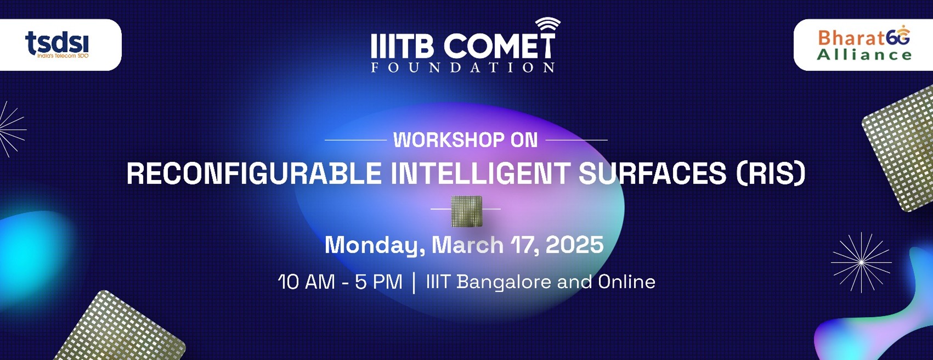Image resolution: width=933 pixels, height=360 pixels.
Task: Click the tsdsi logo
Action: pyautogui.click(x=57, y=44)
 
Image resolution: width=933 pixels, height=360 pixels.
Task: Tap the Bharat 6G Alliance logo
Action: pyautogui.click(x=864, y=45)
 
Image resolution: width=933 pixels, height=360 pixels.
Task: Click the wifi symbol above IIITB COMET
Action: pyautogui.click(x=547, y=26)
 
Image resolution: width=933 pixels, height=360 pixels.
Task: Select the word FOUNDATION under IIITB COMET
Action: pyautogui.click(x=462, y=67)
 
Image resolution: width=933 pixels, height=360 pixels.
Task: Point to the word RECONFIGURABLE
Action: pyautogui.click(x=254, y=174)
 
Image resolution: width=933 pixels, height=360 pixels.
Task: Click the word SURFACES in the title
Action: pyautogui.click(x=652, y=174)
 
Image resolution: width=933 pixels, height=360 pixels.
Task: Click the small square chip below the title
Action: pyautogui.click(x=466, y=211)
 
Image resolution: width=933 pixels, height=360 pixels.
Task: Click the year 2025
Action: pyautogui.click(x=574, y=245)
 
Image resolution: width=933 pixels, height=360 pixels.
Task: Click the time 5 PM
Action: pyautogui.click(x=378, y=282)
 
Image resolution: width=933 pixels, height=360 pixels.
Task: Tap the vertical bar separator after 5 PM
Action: pyautogui.click(x=414, y=283)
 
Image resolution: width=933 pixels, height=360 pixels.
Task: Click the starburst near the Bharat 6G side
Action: pyautogui.click(x=861, y=262)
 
